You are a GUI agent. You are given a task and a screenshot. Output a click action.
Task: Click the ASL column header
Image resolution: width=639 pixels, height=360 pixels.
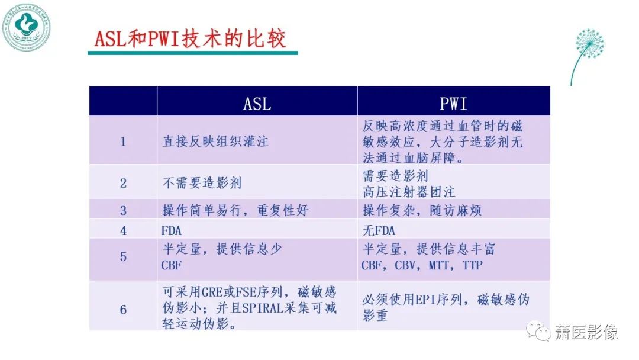(257, 104)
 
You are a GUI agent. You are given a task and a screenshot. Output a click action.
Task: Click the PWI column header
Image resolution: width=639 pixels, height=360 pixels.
(453, 104)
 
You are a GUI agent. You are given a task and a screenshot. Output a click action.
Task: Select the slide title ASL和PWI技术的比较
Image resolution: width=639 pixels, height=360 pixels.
(190, 39)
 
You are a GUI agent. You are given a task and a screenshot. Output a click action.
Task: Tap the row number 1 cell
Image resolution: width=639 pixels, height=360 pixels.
(123, 142)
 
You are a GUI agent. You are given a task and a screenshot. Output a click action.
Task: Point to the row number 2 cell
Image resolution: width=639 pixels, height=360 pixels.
(123, 183)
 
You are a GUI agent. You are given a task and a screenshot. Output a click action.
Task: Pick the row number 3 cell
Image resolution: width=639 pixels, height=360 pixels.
(123, 210)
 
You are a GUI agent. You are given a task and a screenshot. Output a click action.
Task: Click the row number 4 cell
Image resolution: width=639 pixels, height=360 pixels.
(123, 230)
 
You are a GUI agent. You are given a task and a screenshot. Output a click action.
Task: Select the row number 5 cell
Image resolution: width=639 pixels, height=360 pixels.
(123, 257)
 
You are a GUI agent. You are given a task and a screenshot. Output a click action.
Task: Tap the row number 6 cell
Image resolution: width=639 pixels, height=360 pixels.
(123, 309)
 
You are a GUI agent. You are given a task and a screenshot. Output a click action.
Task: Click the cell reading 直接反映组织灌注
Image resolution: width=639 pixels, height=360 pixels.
(215, 142)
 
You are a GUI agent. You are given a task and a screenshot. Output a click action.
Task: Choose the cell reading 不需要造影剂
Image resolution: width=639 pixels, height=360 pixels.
(202, 183)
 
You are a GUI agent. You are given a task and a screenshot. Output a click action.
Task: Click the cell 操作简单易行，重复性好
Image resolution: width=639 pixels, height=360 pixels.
(235, 210)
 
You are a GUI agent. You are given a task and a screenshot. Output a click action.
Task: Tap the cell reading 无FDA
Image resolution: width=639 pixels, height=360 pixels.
(378, 230)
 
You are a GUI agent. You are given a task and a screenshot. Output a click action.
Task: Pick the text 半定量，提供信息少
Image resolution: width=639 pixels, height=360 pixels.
(222, 249)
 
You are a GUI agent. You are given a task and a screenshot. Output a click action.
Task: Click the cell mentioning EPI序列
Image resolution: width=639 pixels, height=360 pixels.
(445, 307)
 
